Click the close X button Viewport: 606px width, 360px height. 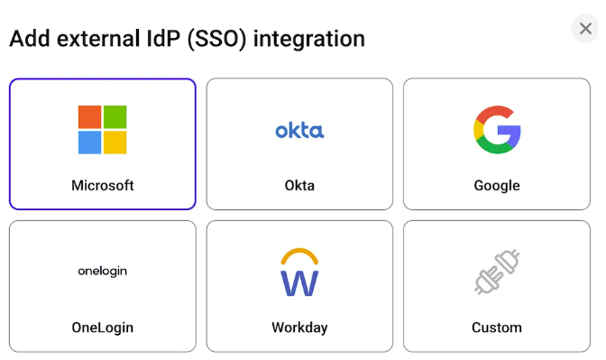coord(585,29)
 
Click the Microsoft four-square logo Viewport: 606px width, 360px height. coord(102,130)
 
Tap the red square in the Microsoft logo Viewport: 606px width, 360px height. coord(89,117)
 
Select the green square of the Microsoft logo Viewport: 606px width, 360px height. coord(115,117)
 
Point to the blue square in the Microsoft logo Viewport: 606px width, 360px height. coord(89,143)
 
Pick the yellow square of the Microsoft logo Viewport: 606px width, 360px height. coord(115,143)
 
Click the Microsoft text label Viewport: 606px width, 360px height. coord(102,186)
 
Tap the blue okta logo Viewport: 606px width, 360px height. coord(299,131)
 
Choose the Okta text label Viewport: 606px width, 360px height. coord(299,186)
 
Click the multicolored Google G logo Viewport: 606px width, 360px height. coord(497,130)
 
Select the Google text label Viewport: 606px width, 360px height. coord(497,186)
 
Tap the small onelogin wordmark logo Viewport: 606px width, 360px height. coord(102,271)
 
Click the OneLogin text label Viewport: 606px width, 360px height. coord(102,327)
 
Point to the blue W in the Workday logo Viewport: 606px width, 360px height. coord(299,282)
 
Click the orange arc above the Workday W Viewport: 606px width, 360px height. coord(299,254)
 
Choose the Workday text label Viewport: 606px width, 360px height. coord(299,327)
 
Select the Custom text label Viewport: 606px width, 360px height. coord(497,327)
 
